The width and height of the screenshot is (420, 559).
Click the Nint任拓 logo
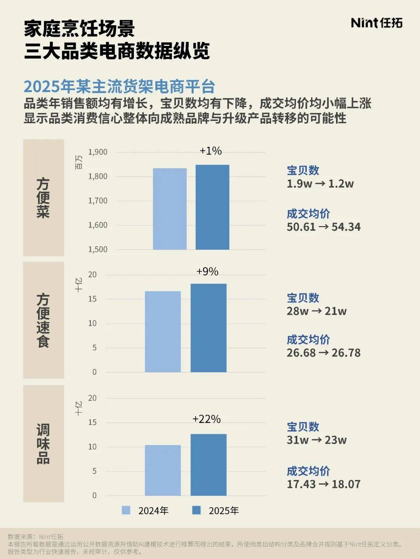pos(376,23)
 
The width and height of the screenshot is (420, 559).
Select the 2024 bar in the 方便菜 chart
pos(170,209)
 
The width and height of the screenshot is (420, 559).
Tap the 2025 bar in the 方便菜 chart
pos(212,207)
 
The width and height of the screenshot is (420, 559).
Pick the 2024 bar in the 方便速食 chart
pos(163,331)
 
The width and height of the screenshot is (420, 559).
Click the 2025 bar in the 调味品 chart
pos(208,465)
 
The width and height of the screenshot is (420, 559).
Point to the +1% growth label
pos(210,151)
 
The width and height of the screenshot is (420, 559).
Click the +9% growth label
pos(207,272)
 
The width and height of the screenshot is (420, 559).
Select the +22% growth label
pos(206,419)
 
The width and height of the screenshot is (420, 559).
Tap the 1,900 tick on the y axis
pos(98,152)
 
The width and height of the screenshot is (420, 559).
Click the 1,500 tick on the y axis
pos(98,249)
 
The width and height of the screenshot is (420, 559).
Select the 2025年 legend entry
pos(216,510)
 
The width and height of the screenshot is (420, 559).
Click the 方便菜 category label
pos(43,198)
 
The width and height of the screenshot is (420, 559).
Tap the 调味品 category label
pos(43,444)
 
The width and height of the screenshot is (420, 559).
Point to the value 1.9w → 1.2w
pos(320,184)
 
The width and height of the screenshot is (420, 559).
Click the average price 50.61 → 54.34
pos(324,227)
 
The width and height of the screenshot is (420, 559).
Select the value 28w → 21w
pos(317,311)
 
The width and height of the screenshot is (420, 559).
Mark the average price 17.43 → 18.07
pos(324,484)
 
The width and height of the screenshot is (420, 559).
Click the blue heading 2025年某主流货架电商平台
pos(119,87)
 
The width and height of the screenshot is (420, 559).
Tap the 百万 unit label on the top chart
pos(79,162)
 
